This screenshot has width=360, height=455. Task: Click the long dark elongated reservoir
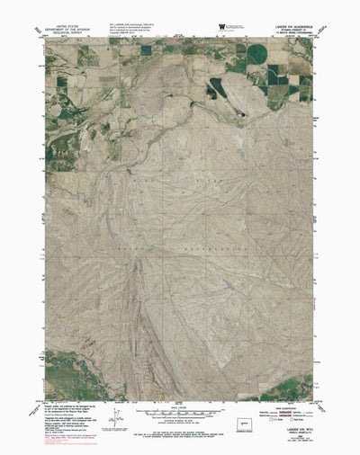220,87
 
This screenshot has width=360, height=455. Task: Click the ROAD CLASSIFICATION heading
290,402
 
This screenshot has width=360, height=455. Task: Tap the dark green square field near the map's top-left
61,81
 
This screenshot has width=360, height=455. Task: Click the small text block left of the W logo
135,31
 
